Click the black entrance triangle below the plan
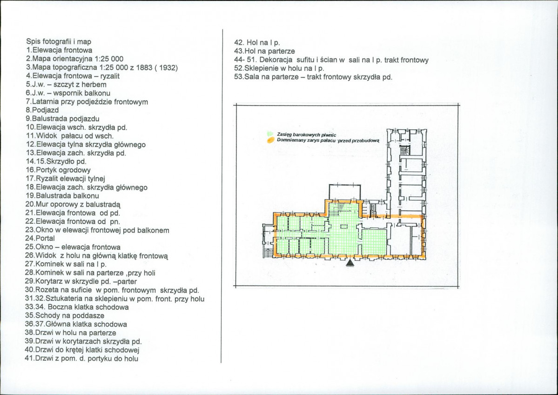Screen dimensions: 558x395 pyautogui.click(x=350, y=263)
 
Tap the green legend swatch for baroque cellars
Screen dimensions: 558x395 pyautogui.click(x=269, y=134)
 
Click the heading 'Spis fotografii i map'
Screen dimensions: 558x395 pyautogui.click(x=59, y=41)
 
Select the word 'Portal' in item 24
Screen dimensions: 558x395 pyautogui.click(x=45, y=238)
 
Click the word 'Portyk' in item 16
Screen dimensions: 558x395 pyautogui.click(x=46, y=170)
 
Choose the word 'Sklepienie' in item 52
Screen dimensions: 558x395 pyautogui.click(x=259, y=68)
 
